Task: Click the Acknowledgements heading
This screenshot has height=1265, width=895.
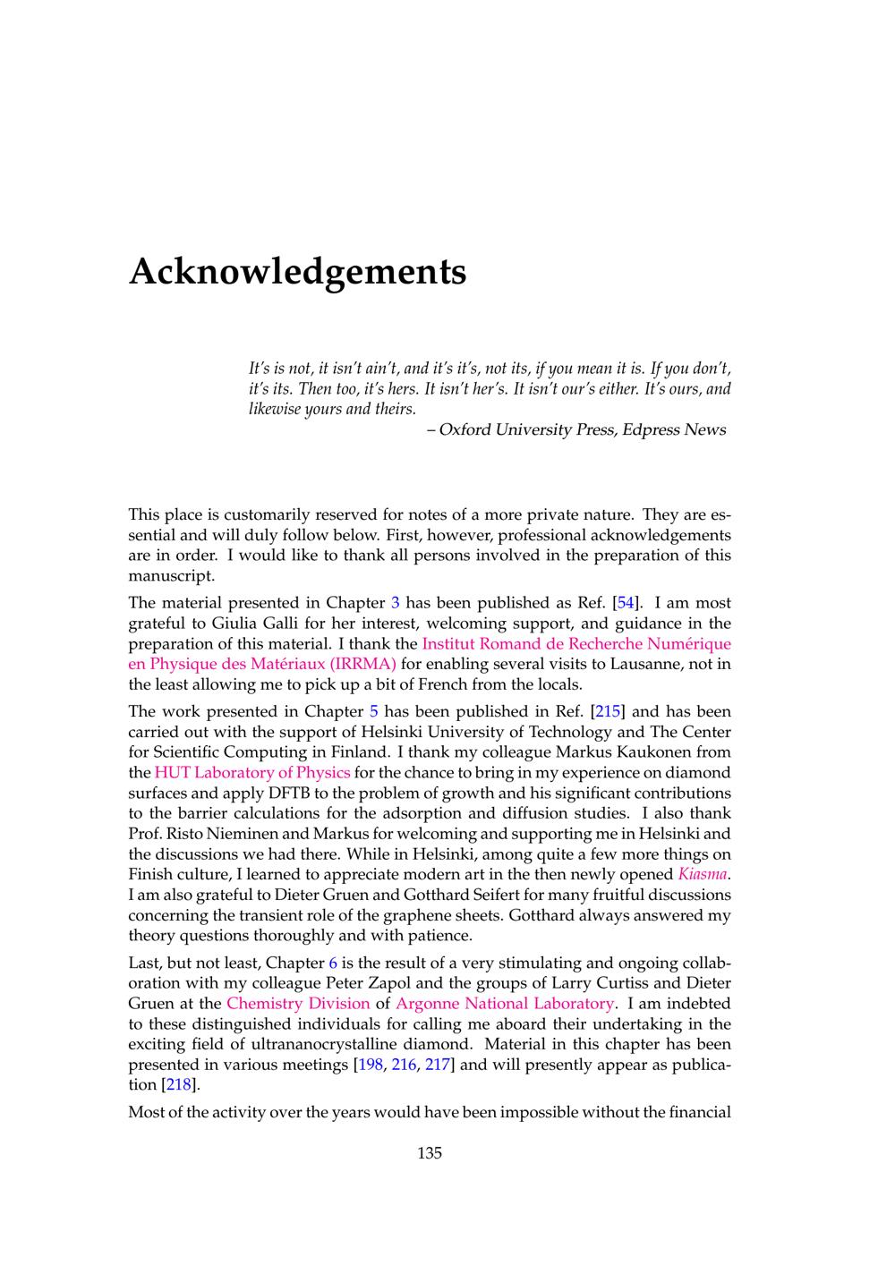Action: click(297, 270)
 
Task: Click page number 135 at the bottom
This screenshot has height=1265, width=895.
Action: click(430, 1153)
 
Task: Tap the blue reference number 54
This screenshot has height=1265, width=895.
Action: click(626, 603)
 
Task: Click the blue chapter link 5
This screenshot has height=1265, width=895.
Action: click(374, 712)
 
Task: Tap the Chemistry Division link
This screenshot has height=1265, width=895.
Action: click(298, 1004)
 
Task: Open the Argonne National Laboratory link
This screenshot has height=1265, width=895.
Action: click(505, 1004)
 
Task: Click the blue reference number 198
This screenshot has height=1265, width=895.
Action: click(370, 1065)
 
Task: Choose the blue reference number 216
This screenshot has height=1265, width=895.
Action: click(404, 1065)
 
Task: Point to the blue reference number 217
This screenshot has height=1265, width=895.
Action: click(438, 1065)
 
